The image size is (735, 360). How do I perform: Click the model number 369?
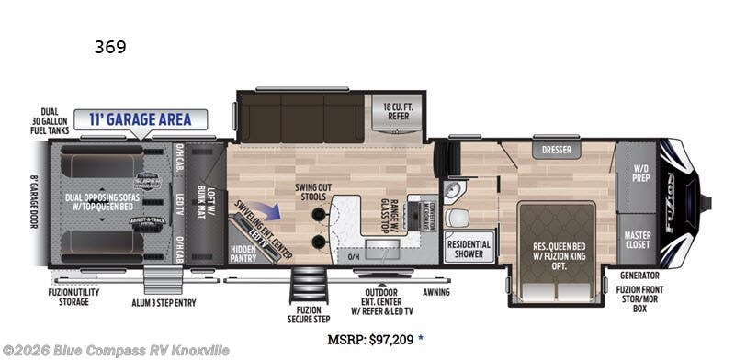coord(109,47)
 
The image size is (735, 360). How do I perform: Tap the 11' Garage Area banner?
coord(141,119)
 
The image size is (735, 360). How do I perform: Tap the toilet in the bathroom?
coord(457,217)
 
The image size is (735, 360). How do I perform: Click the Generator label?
coord(639,275)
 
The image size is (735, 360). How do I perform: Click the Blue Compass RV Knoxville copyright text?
coord(116,350)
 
